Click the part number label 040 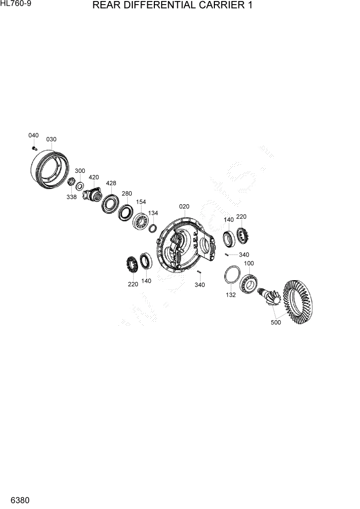click(33, 135)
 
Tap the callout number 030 click(51, 139)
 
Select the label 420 click(93, 177)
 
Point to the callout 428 click(111, 183)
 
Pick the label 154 click(142, 203)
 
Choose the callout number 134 click(153, 212)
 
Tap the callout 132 click(231, 296)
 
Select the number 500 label click(275, 323)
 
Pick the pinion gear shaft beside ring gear click(270, 297)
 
